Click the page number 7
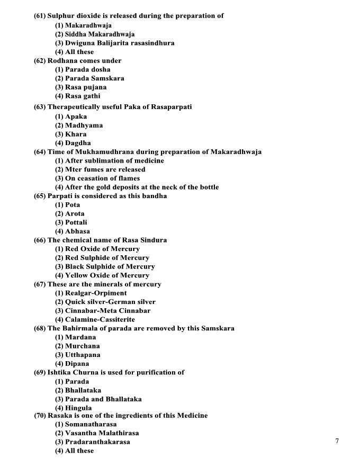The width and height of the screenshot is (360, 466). [x=337, y=441]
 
